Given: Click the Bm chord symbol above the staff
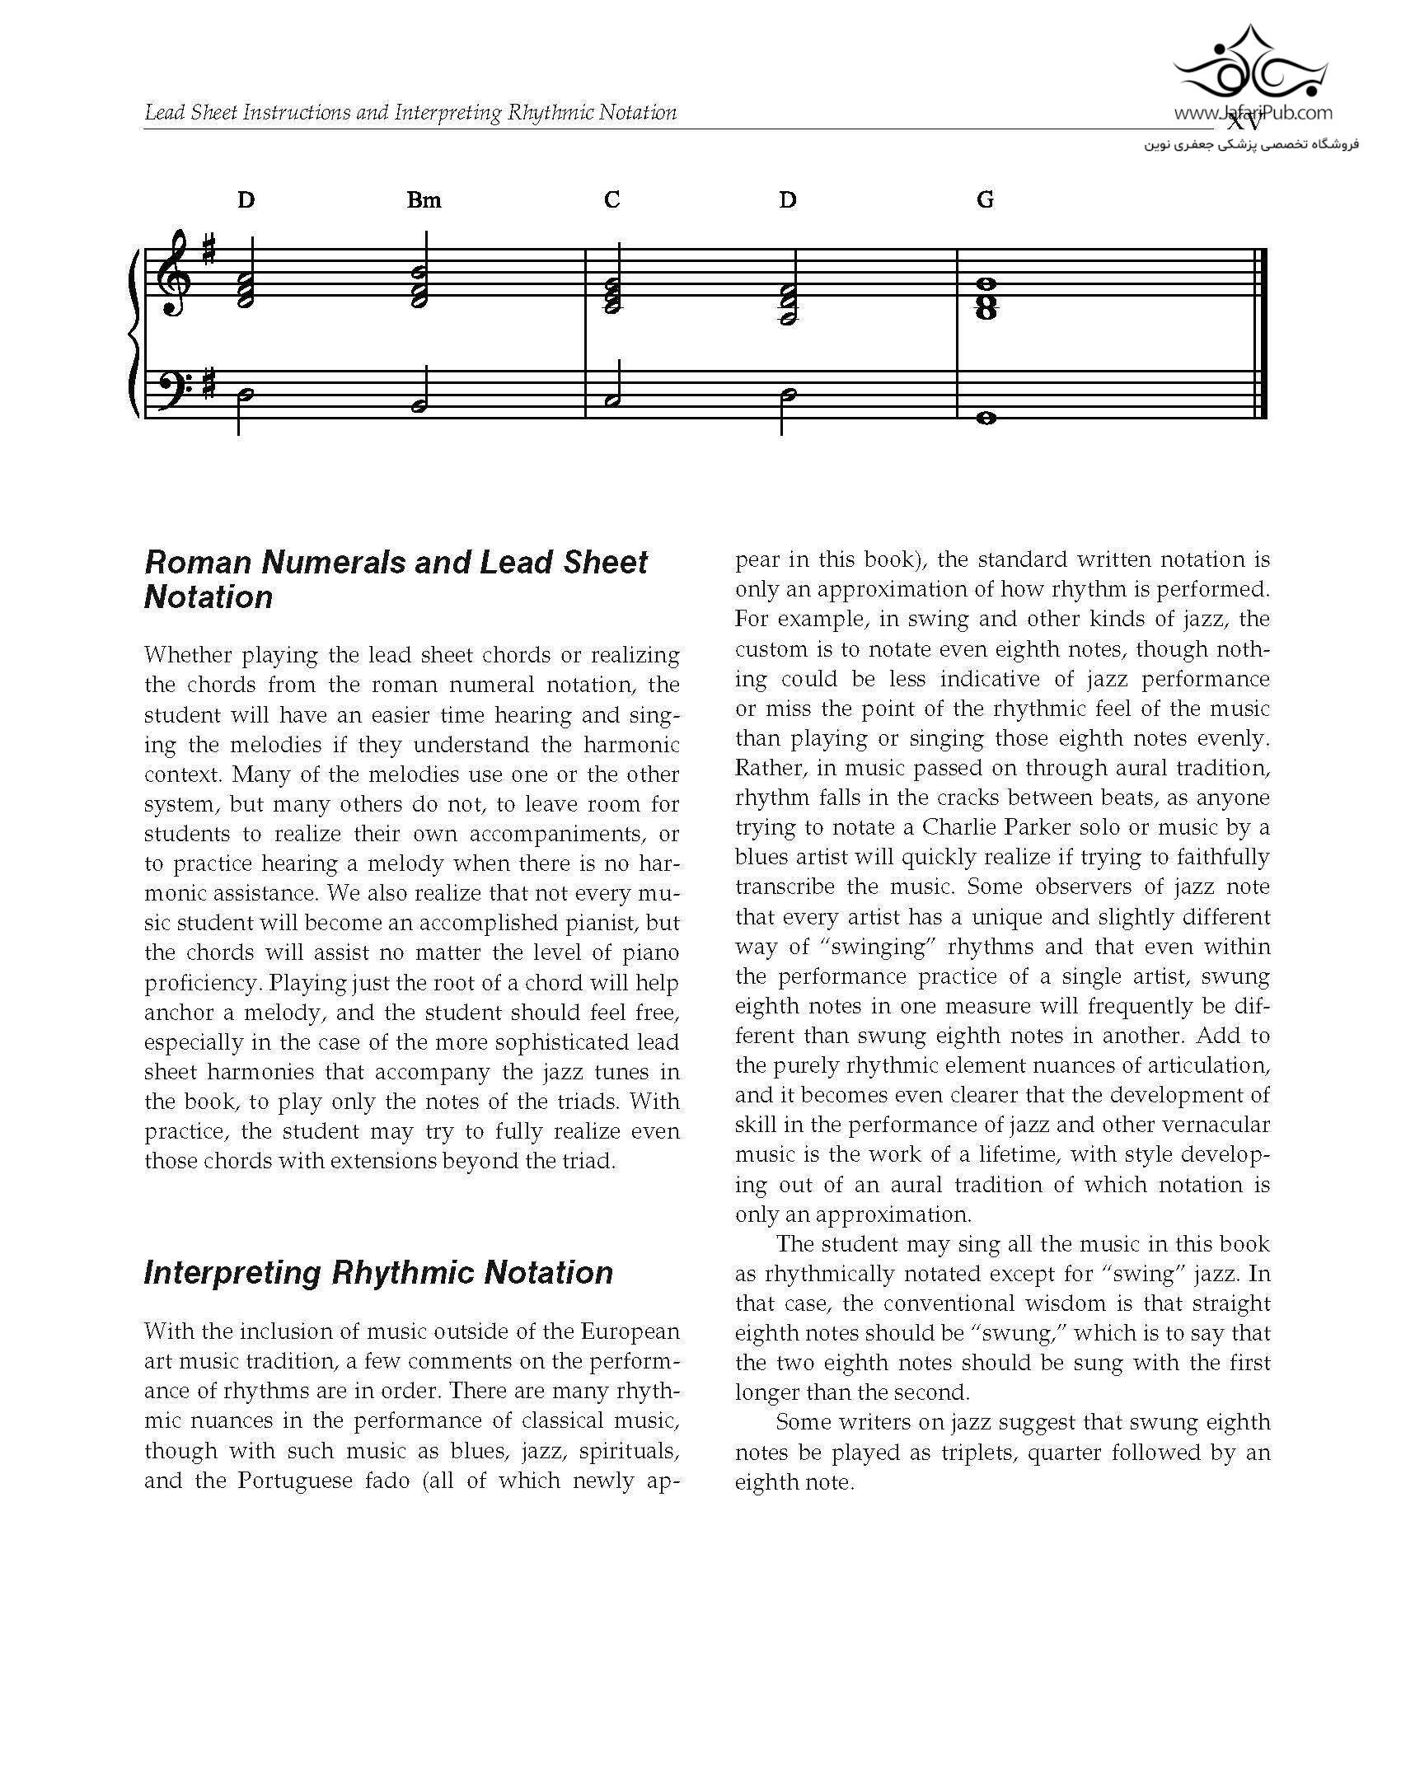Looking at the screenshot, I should click(424, 200).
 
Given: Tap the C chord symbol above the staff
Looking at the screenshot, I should click(611, 200).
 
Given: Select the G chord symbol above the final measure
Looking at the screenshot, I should click(985, 200).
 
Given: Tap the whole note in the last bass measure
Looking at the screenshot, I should click(985, 419).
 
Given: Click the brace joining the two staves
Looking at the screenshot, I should click(134, 334).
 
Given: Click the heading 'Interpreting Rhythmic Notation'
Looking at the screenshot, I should click(378, 1273).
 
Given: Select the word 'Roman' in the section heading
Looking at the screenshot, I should click(197, 563).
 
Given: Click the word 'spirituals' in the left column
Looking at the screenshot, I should click(630, 1451).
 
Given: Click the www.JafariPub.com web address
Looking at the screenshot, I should click(1253, 114).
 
